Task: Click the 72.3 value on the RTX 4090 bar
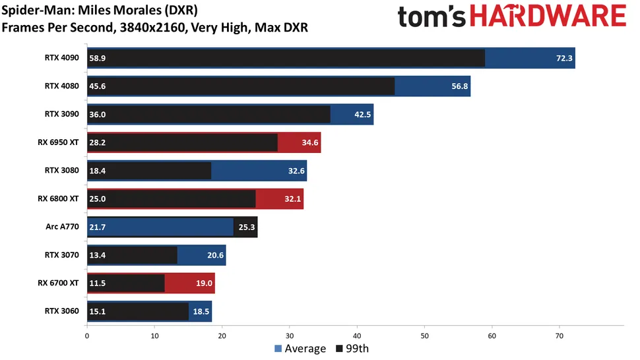pyautogui.click(x=564, y=58)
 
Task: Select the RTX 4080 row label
pyautogui.click(x=62, y=86)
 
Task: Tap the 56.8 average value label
pyautogui.click(x=460, y=86)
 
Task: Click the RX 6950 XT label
pyautogui.click(x=58, y=142)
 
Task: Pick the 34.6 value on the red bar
pyautogui.click(x=310, y=142)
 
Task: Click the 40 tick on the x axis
pyautogui.click(x=357, y=334)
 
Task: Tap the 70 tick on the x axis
pyautogui.click(x=560, y=334)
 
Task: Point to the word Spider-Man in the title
pyautogui.click(x=29, y=11)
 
